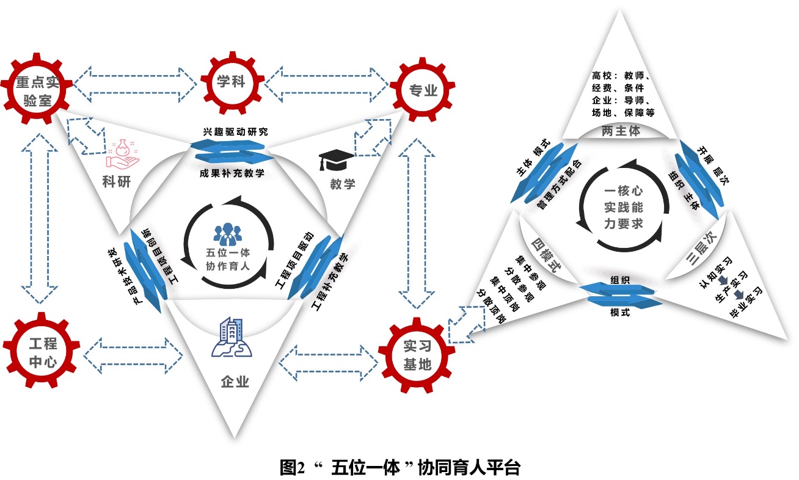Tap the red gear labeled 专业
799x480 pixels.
[421, 90]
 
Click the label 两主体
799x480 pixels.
[620, 131]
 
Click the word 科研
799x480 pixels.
[116, 183]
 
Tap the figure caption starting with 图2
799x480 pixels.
[399, 468]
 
